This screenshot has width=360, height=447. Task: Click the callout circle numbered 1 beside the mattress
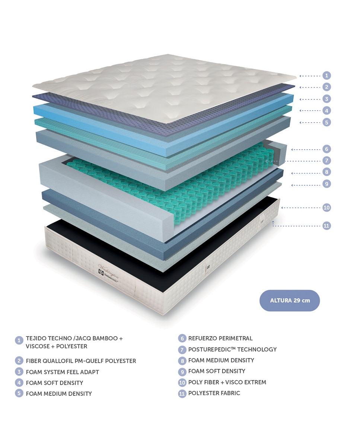326,75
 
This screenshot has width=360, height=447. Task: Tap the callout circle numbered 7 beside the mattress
326,161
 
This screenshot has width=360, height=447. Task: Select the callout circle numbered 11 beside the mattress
326,226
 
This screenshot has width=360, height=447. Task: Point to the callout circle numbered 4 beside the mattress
326,111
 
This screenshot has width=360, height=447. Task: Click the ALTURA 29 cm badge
290,300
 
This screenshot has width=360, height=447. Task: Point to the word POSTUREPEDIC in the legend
210,349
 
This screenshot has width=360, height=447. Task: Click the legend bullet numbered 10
182,383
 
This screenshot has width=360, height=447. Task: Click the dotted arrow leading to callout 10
301,207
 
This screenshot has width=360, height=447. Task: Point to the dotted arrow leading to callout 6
306,149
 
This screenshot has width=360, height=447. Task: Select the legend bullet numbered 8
182,360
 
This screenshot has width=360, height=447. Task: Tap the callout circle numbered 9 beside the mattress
326,184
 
